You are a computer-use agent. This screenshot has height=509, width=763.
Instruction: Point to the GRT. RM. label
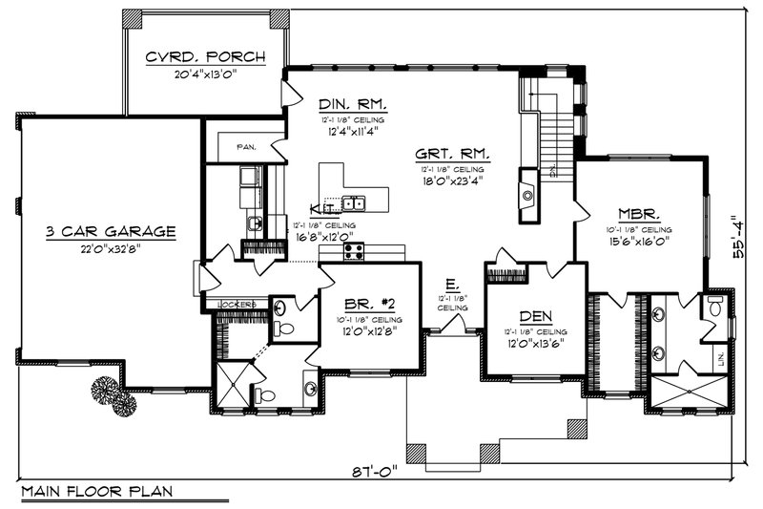point(453,154)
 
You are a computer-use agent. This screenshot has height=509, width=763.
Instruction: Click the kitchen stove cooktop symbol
point(354,250)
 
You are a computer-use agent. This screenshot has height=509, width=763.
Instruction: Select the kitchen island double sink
point(355,202)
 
